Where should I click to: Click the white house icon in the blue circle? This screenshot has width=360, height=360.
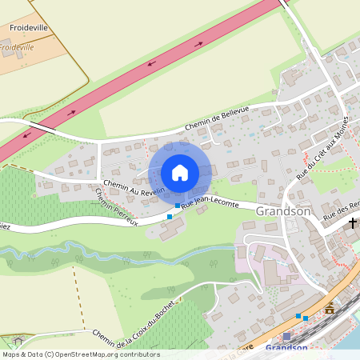pyautogui.click(x=180, y=173)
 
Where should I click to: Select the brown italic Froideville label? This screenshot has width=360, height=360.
pyautogui.click(x=18, y=47)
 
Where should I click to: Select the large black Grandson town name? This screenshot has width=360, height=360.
pyautogui.click(x=282, y=212)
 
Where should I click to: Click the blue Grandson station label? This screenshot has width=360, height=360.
pyautogui.click(x=286, y=348)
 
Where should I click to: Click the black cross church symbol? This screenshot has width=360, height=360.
pyautogui.click(x=352, y=223)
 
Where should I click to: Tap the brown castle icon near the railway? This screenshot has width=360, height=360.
pyautogui.click(x=330, y=307)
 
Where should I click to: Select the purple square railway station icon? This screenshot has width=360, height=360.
pyautogui.click(x=286, y=337)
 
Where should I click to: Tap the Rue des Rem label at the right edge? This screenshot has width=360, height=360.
pyautogui.click(x=341, y=212)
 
